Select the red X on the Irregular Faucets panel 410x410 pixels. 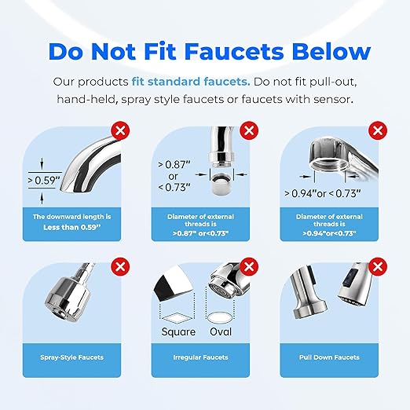pyautogui.click(x=249, y=268)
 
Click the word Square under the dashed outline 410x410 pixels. pyautogui.click(x=178, y=331)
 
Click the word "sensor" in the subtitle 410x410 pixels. pyautogui.click(x=330, y=99)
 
